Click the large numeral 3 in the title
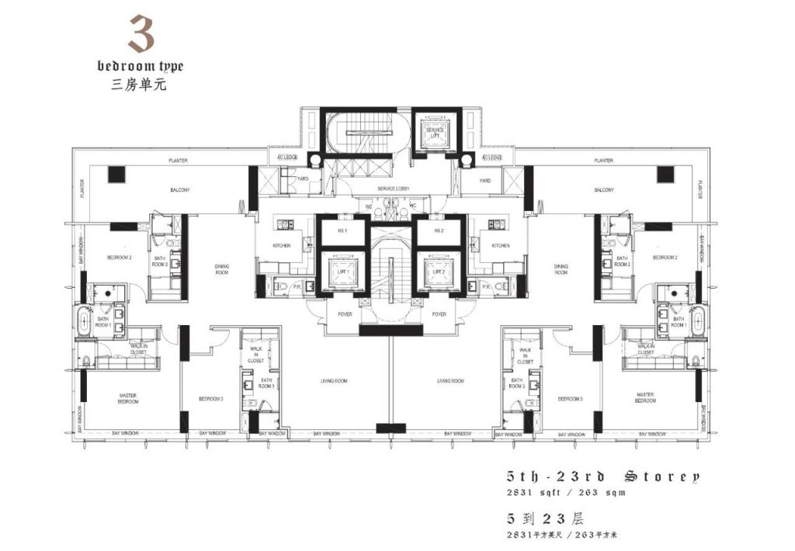click(x=141, y=35)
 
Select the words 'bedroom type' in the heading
click(x=141, y=67)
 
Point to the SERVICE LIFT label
click(x=436, y=133)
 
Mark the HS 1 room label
click(x=342, y=230)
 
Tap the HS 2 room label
click(x=439, y=230)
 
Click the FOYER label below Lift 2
click(x=439, y=314)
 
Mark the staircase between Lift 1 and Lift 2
click(x=390, y=268)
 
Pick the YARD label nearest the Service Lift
click(x=484, y=181)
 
